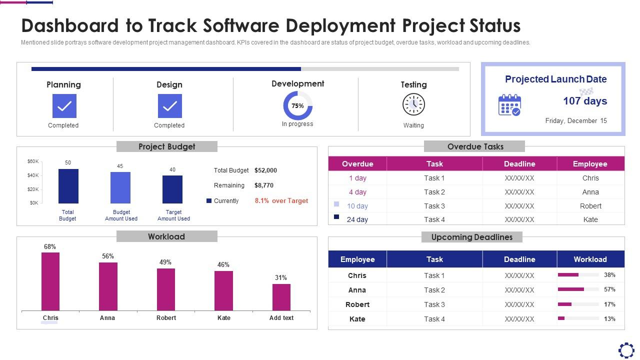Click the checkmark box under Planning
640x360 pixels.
coord(64,106)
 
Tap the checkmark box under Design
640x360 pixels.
coord(170,106)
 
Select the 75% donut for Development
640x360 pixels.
coord(298,106)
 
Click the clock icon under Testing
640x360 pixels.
coord(413,104)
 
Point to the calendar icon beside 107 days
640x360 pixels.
coord(509,105)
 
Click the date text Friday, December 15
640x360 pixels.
coord(575,121)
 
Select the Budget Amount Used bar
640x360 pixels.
coord(120,188)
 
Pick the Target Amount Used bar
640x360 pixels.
coord(172,189)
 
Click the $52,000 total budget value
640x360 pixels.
coord(265,170)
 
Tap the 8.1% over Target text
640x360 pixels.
coord(281,201)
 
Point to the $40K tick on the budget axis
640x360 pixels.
coord(33,175)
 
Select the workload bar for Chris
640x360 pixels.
coord(50,281)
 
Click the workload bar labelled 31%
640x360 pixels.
coord(281,297)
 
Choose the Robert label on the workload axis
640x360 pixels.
coord(166,318)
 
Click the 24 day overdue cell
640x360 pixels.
coord(357,219)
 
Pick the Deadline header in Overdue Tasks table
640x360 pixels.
coord(519,164)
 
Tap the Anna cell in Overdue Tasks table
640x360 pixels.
coord(590,192)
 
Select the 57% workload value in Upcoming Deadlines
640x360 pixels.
coord(609,289)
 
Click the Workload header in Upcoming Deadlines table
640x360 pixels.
coord(590,259)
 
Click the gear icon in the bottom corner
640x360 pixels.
coord(626,350)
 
